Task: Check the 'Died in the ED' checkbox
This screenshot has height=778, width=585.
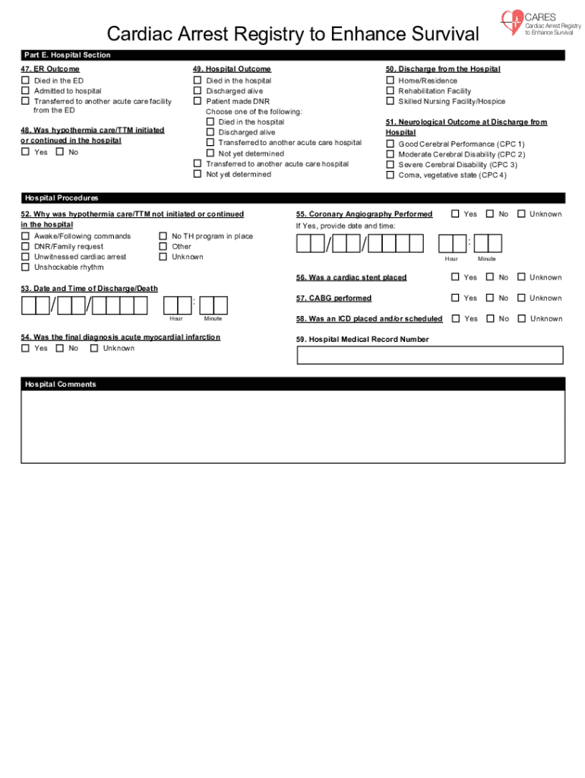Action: (x=25, y=81)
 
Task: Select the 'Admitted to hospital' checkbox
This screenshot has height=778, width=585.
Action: (x=25, y=91)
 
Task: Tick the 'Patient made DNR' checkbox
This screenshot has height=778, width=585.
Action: (x=198, y=101)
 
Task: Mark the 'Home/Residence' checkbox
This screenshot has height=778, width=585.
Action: (x=391, y=81)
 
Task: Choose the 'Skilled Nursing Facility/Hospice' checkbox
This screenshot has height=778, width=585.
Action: (x=391, y=101)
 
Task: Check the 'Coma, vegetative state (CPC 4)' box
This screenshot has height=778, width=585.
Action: (x=391, y=175)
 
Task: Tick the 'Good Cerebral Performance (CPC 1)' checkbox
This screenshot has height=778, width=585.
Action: (x=391, y=144)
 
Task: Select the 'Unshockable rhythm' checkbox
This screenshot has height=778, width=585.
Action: (x=25, y=267)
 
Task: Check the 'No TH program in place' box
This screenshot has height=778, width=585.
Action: (x=163, y=236)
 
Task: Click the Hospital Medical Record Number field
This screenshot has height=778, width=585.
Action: (x=430, y=355)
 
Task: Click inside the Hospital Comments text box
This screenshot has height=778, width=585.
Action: (x=292, y=425)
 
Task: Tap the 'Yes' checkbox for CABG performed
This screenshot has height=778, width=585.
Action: (x=456, y=298)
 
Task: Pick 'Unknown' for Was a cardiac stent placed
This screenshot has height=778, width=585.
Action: (x=521, y=277)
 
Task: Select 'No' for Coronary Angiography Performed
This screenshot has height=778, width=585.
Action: (x=490, y=214)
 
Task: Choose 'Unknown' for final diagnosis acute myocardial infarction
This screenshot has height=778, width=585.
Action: (x=94, y=348)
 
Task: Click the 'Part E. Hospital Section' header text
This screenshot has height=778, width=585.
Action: (x=67, y=55)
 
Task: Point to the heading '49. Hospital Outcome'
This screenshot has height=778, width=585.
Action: (x=232, y=69)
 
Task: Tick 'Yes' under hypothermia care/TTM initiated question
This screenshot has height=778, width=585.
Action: (x=25, y=152)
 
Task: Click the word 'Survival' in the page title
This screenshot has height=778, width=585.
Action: (x=444, y=34)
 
